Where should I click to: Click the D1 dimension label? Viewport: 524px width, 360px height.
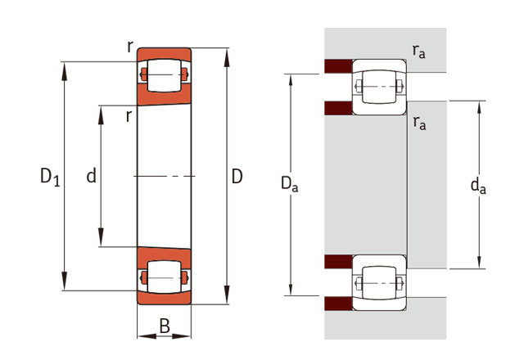coord(50,177)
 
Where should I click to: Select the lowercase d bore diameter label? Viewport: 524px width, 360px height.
coord(91,176)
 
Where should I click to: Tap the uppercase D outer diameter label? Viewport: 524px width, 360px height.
coord(237,177)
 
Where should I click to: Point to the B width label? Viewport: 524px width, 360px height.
coord(165,326)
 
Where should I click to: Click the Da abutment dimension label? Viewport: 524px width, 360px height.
coord(289,184)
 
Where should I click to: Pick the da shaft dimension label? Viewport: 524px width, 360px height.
coord(478,186)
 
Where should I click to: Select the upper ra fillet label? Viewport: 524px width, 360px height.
coord(418,51)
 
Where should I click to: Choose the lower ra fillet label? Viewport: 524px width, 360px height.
coord(419,123)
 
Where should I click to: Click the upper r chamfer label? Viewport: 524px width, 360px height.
coord(130,47)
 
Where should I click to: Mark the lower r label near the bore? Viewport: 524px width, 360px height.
coord(129,116)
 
